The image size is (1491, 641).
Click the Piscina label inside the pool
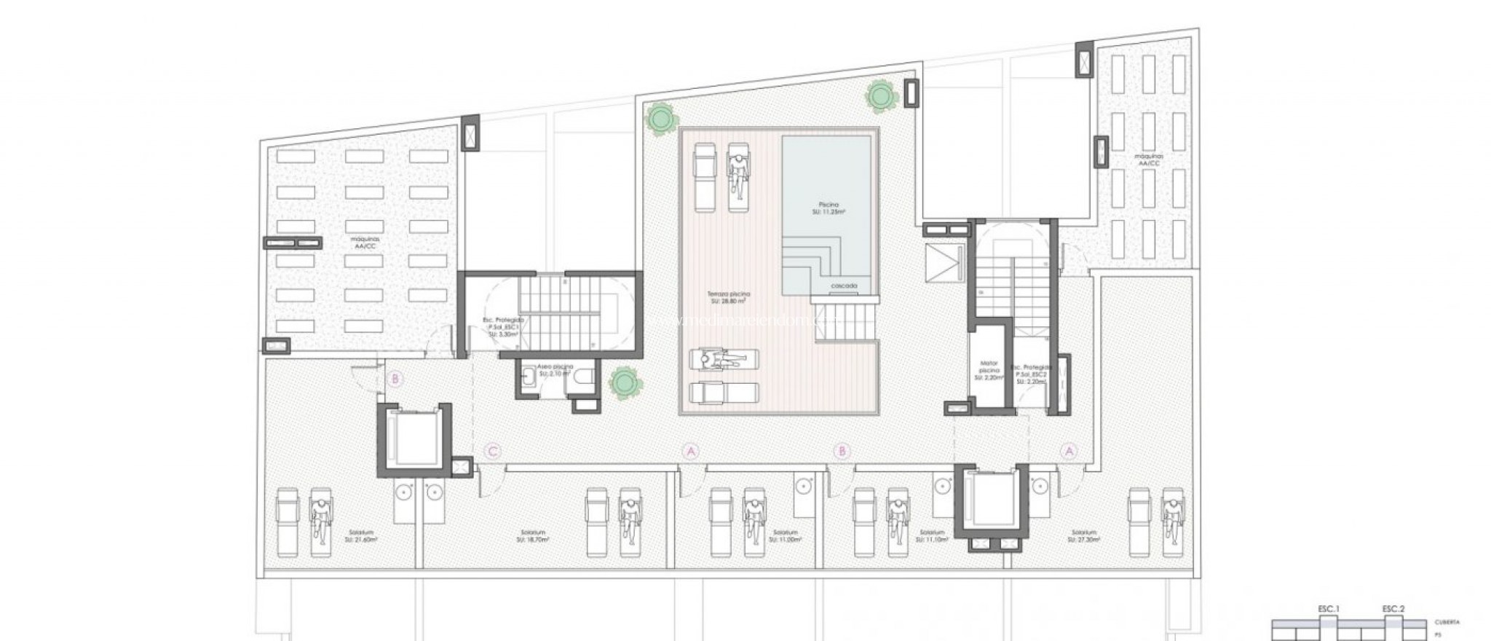(826, 209)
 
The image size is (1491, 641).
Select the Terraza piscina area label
(729, 297)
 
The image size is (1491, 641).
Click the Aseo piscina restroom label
(555, 370)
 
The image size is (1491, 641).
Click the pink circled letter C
(493, 452)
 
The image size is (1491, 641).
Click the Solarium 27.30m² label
(1084, 536)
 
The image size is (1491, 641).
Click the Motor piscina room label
(989, 370)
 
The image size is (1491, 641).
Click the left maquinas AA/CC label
(365, 243)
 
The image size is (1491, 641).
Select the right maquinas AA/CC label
(1147, 160)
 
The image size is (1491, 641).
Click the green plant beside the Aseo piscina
(625, 380)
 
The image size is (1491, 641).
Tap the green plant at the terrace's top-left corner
(660, 118)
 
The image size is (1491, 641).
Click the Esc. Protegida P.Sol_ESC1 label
(503, 327)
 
